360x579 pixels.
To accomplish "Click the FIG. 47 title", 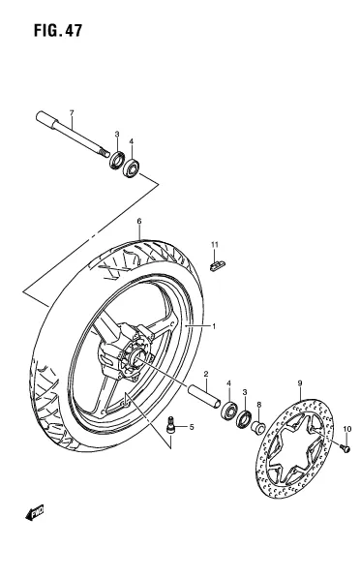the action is coord(58,31).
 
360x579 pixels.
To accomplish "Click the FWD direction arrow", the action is coord(35,512).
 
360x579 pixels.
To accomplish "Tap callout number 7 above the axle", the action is coord(72,112).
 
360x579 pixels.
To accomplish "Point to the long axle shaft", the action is coord(73,134).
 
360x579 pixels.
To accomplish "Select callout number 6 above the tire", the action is coord(139,221).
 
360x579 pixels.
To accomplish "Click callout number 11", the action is coord(215,244).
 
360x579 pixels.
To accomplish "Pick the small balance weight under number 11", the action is coord(218,265).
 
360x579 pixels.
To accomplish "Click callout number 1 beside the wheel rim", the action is coord(214,326).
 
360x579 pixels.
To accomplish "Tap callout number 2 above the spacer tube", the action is coord(206,374).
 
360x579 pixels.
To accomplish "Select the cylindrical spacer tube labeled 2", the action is coord(205,397).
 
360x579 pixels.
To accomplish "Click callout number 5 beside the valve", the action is coord(192,427).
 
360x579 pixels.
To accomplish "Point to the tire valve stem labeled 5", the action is coord(170,424).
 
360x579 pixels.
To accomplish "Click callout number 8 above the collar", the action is coord(258,405).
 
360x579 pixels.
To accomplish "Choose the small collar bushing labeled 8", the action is coord(258,428).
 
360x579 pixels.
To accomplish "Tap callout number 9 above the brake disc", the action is coord(300,383).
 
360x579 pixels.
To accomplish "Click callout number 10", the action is coord(347,429).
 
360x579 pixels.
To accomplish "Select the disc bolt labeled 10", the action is coord(345,448).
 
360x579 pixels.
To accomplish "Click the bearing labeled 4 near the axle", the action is coord(131,168).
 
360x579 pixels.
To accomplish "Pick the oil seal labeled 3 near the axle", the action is coord(117,160).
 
